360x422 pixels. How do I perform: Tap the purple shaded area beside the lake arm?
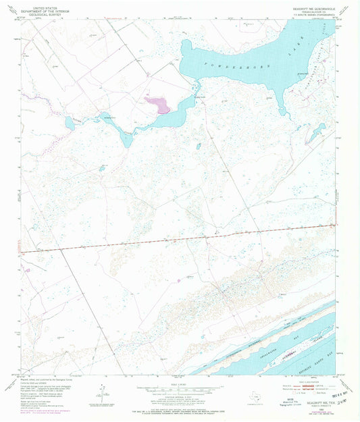(x=156, y=103)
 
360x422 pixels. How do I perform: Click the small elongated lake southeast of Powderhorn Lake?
(x=314, y=132)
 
